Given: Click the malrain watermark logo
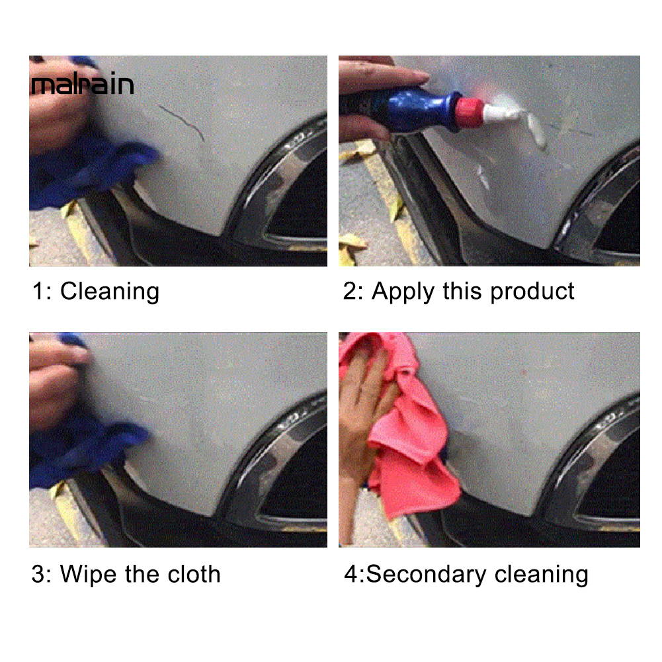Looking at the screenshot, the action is [83, 84].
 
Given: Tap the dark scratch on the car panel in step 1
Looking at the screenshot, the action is [183, 122].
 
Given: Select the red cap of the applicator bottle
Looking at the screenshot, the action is [469, 112].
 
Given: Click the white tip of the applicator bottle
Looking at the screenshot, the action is [501, 113].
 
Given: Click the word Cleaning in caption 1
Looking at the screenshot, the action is [110, 291].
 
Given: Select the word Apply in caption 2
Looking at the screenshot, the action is [403, 292].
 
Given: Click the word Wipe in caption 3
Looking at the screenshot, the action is [89, 574].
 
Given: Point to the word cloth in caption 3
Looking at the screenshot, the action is [194, 574].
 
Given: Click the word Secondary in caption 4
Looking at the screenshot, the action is [426, 574].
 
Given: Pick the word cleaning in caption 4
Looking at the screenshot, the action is [541, 575].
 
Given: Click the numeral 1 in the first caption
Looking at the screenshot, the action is [38, 291].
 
